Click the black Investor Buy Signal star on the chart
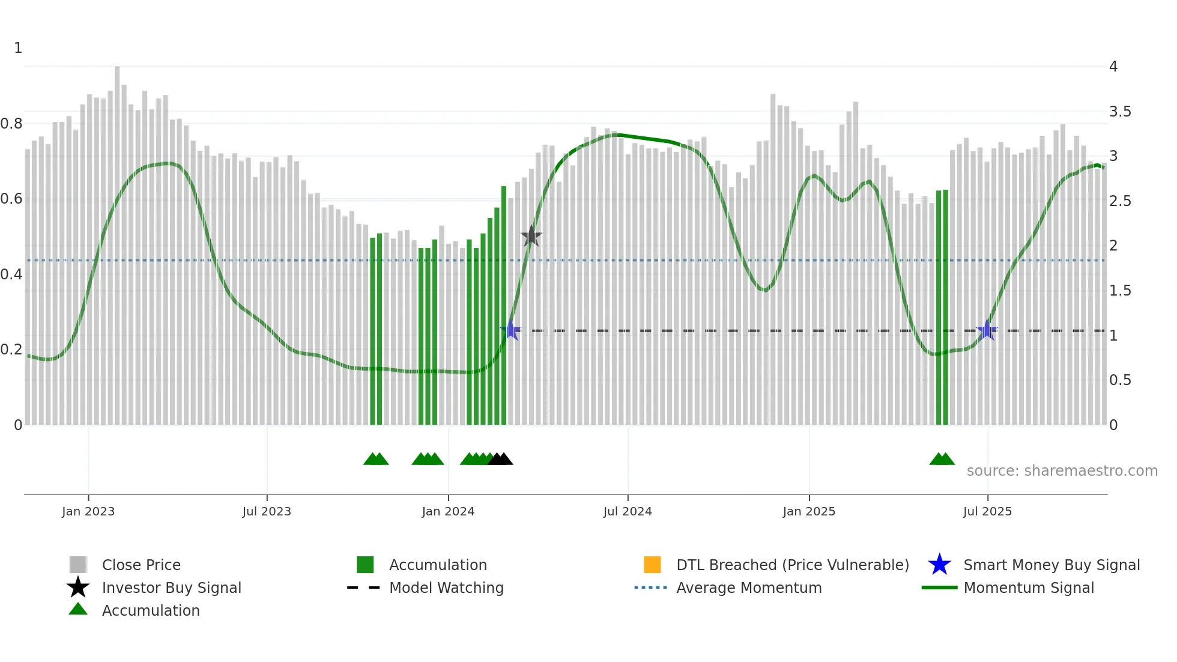[x=531, y=236]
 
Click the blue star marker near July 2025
[x=987, y=330]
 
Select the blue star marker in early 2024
[x=511, y=330]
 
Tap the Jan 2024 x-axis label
[x=448, y=511]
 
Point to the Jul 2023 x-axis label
[x=267, y=511]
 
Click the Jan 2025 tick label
[x=809, y=511]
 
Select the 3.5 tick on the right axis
[x=1120, y=112]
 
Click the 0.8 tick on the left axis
[x=12, y=124]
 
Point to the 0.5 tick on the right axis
[x=1120, y=380]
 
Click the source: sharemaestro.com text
[x=1062, y=471]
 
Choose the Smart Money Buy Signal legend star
[x=939, y=565]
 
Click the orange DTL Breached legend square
[x=652, y=565]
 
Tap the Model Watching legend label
[x=446, y=588]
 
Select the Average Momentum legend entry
[x=748, y=588]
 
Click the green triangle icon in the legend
[x=78, y=610]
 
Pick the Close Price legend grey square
[x=78, y=565]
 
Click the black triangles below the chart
[x=500, y=460]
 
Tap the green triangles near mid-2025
[x=942, y=460]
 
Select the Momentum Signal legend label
[x=1029, y=588]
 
